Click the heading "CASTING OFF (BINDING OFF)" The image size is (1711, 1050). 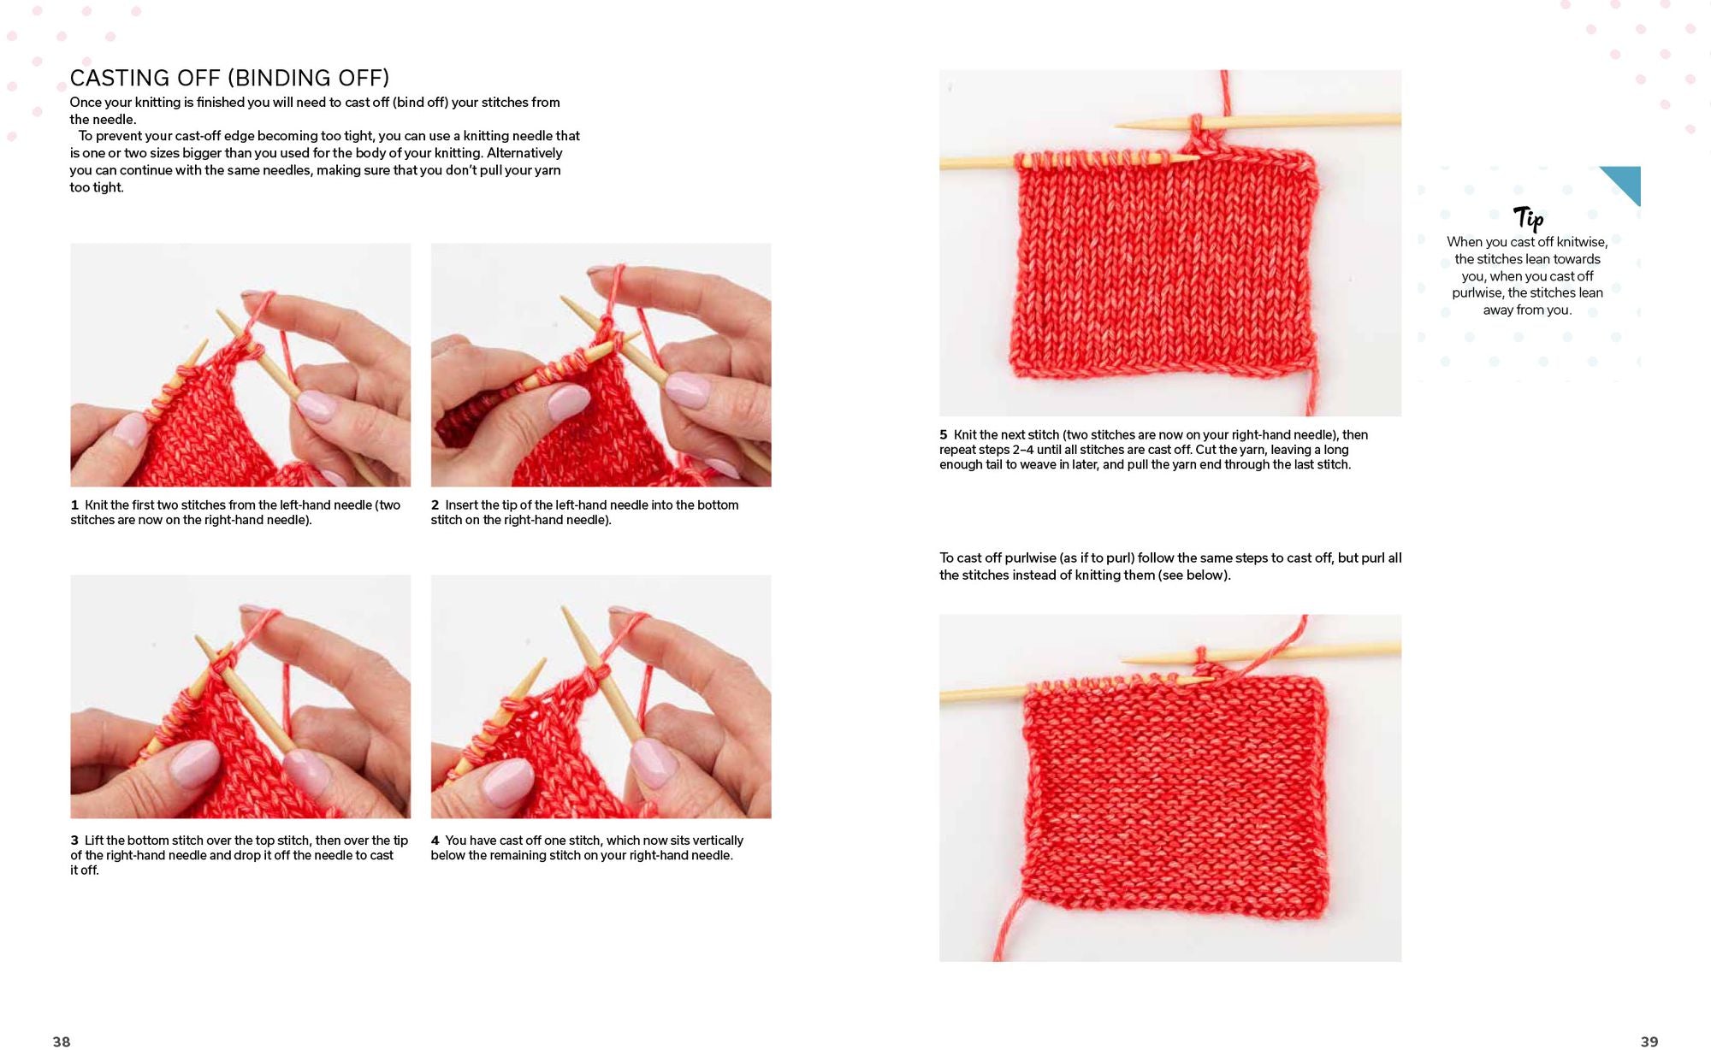229,78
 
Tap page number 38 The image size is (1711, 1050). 62,1041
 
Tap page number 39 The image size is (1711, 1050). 1649,1041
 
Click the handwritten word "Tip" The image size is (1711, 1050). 1528,218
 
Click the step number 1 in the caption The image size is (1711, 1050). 74,505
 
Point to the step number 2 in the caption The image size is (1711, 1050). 435,505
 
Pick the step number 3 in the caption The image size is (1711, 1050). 74,841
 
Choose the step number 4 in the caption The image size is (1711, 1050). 435,841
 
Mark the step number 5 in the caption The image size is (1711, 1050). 944,435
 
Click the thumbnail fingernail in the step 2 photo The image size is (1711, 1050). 567,402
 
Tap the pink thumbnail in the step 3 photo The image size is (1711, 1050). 195,764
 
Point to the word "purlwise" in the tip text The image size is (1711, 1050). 1478,293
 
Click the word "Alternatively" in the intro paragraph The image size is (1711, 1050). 524,153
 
